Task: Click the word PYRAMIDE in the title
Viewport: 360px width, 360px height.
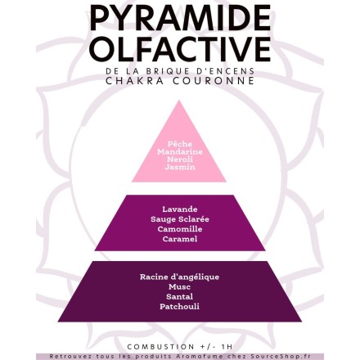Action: tap(180, 18)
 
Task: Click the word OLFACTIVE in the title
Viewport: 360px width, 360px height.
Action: tap(180, 48)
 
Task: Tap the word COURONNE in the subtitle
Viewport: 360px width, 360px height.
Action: tap(213, 81)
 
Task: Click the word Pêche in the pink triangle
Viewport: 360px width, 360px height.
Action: tap(180, 144)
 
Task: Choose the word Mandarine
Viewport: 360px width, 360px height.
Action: tap(180, 151)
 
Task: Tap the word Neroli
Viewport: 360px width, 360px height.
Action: tap(180, 160)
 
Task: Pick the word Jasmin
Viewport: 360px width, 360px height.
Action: tap(180, 167)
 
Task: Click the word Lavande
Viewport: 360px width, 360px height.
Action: tap(180, 209)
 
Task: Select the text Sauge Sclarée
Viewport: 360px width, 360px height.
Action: tap(180, 219)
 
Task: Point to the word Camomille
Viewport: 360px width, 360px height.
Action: tap(180, 229)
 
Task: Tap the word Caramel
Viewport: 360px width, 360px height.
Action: tap(180, 239)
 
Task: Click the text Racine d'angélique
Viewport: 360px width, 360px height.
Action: tap(179, 277)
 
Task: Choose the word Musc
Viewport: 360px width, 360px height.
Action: tap(179, 287)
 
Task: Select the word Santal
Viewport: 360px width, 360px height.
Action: tap(179, 296)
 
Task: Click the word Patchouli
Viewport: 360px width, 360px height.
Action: tap(179, 306)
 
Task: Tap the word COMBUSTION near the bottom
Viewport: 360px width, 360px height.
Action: tap(160, 347)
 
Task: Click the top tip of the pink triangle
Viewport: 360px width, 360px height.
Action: tap(179, 101)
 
